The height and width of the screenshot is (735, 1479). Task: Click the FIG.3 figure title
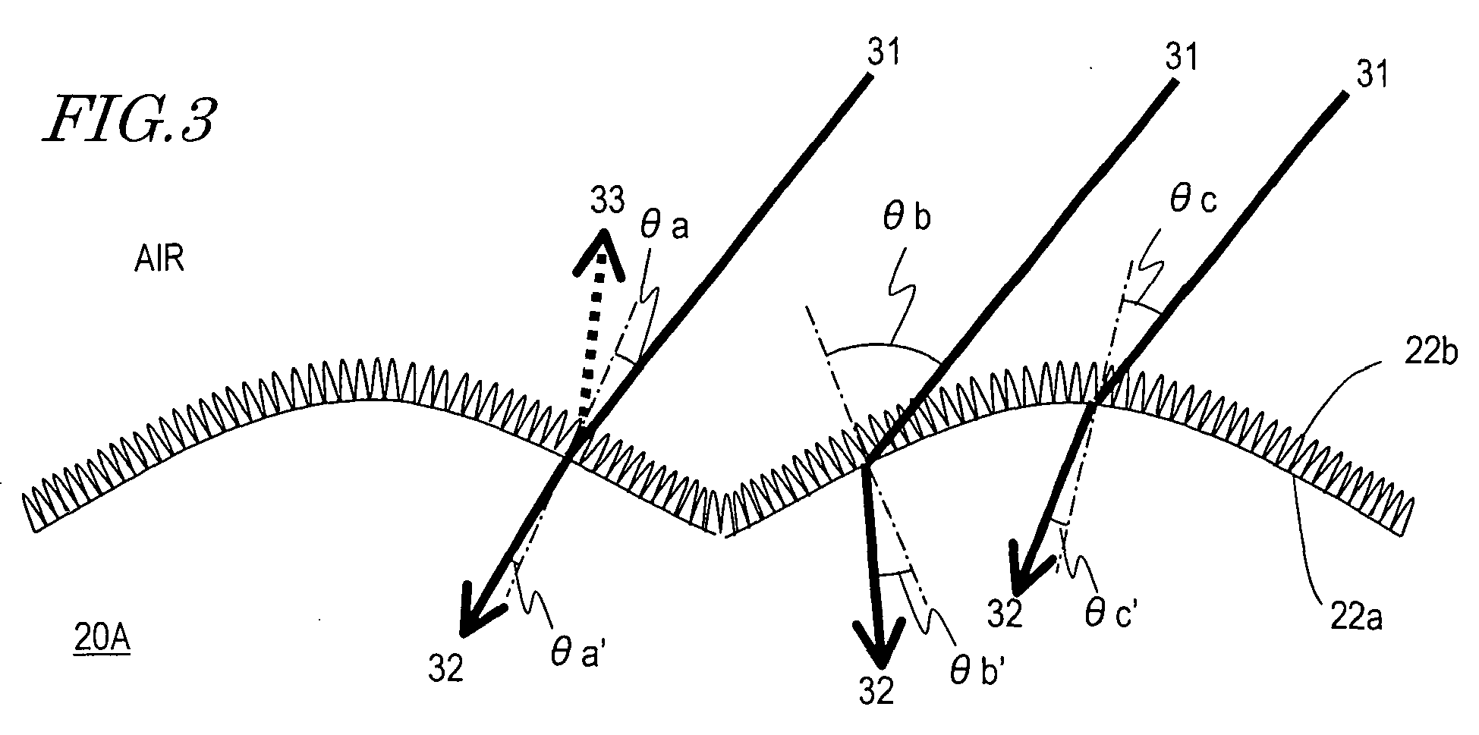[x=129, y=120]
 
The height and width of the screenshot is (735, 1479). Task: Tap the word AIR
[x=161, y=261]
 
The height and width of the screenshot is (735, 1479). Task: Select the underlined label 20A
[x=100, y=639]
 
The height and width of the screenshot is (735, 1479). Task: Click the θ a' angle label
[x=577, y=653]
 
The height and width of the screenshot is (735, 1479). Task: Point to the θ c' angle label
[x=1109, y=615]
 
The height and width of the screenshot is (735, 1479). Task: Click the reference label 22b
[x=1431, y=354]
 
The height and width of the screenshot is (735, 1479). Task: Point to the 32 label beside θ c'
[x=1005, y=614]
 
